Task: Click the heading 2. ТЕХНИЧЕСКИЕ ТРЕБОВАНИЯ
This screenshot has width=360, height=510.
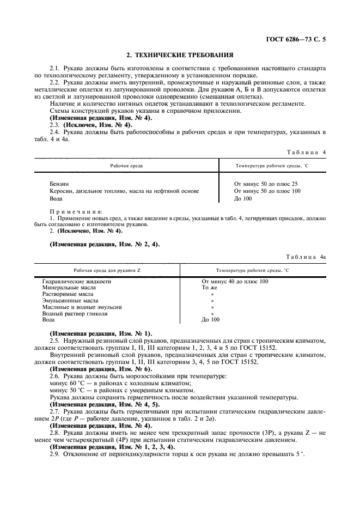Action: (x=180, y=55)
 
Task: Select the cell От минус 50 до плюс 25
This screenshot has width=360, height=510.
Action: (x=265, y=184)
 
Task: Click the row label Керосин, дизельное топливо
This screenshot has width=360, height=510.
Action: (x=120, y=191)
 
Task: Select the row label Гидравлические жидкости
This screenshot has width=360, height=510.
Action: (x=77, y=281)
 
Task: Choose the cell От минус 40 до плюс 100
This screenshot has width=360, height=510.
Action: (x=235, y=281)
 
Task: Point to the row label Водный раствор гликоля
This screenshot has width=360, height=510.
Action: (x=75, y=314)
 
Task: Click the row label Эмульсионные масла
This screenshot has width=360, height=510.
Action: (x=70, y=301)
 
